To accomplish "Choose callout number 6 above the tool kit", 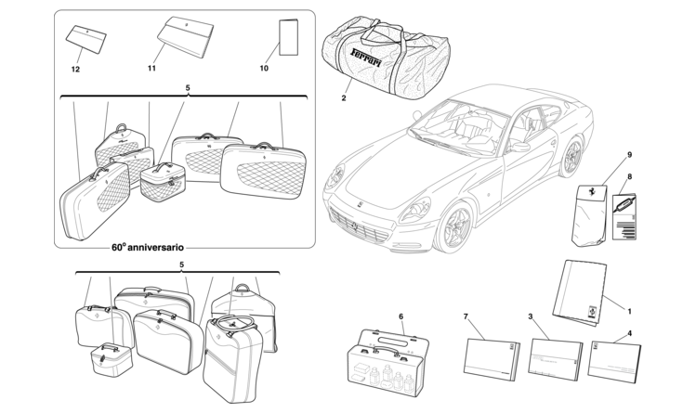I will [401, 316].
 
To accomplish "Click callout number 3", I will [531, 316].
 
